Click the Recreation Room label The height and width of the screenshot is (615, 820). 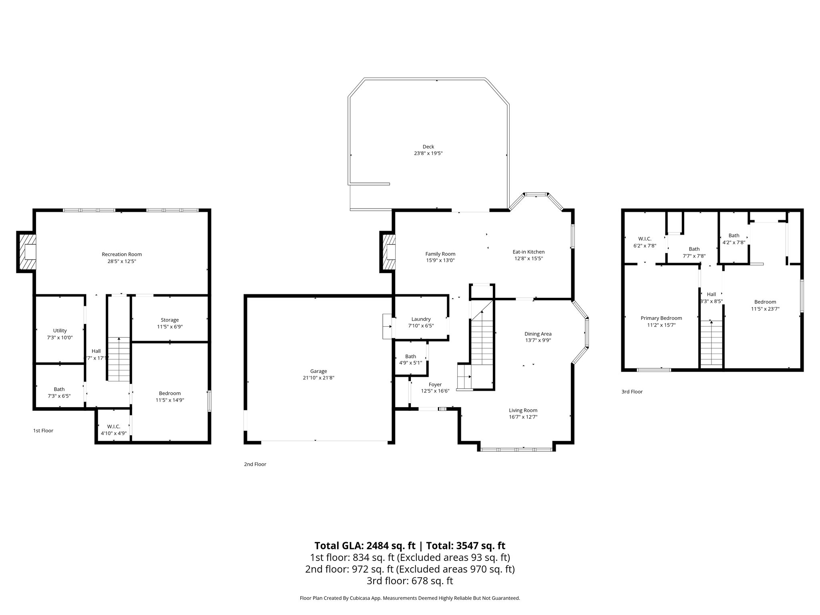[x=122, y=254]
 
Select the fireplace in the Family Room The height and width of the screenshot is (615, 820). [x=389, y=252]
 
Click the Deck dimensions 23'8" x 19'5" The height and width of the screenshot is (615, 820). [x=428, y=153]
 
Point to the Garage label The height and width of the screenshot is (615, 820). [x=318, y=371]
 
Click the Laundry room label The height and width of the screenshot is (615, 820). [x=421, y=319]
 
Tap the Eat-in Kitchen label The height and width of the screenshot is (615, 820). [x=529, y=252]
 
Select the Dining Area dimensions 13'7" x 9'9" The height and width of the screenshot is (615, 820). [x=538, y=340]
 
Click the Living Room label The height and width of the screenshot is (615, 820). [x=523, y=410]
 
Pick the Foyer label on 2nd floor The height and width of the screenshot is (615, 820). [x=435, y=384]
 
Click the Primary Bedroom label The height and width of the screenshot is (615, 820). [x=661, y=318]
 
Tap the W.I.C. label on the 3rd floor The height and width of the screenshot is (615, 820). [x=645, y=239]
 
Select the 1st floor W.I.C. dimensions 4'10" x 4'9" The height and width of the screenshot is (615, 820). [x=113, y=433]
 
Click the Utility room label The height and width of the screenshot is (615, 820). [x=60, y=330]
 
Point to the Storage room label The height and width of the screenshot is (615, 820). [x=170, y=320]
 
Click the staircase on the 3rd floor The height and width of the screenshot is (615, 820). [x=711, y=344]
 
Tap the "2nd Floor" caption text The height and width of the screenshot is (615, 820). [x=255, y=464]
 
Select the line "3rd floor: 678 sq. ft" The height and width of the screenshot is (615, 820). [x=410, y=581]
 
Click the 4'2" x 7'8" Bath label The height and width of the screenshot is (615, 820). [x=734, y=242]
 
